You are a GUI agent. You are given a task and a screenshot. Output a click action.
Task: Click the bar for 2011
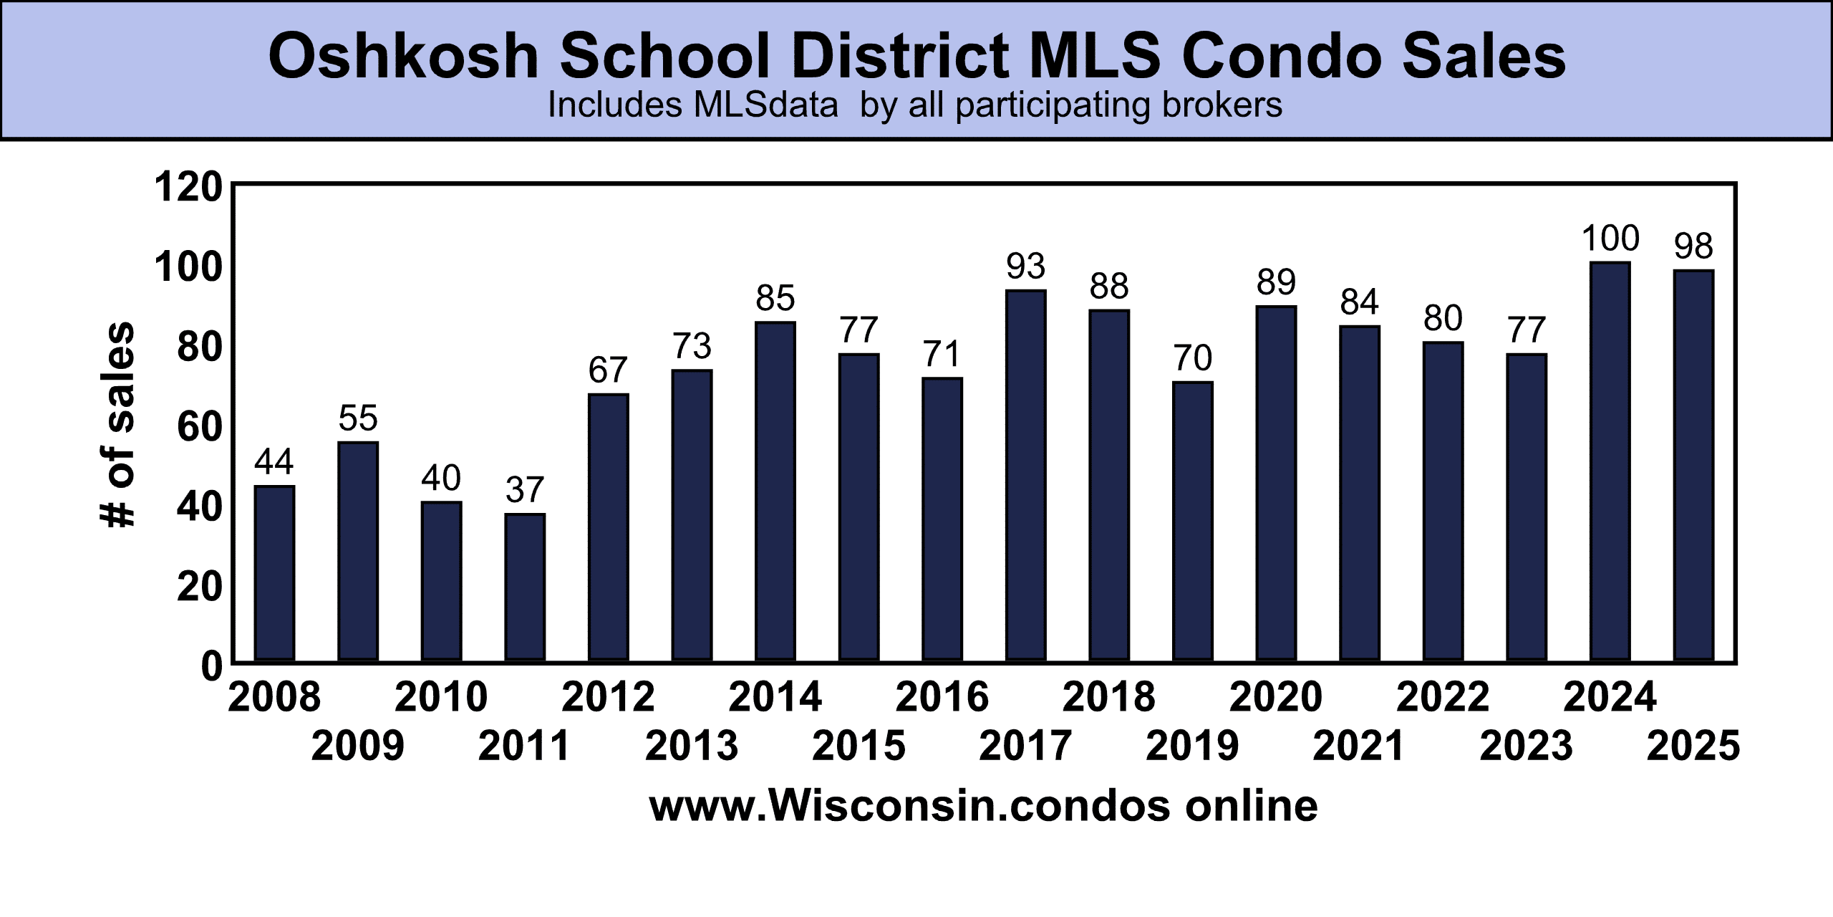(525, 587)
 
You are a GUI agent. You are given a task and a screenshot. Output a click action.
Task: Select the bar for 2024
(1610, 461)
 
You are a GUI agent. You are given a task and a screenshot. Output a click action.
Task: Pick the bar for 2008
(274, 573)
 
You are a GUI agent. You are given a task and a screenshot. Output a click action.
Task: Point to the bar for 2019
(1192, 521)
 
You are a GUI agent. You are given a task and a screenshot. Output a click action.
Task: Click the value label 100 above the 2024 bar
(1610, 239)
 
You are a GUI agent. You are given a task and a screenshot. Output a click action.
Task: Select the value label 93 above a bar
(1025, 267)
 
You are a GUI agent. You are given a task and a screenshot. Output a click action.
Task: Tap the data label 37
(525, 490)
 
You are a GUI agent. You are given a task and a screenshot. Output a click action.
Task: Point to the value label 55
(358, 418)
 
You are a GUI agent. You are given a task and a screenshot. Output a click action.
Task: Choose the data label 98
(1693, 246)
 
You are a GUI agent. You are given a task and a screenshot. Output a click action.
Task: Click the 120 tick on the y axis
(188, 188)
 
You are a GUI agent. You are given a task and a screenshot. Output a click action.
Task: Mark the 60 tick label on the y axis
(199, 428)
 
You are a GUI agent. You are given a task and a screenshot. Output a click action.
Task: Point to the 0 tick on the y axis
(211, 666)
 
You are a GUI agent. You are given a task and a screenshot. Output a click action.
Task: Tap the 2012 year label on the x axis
(608, 697)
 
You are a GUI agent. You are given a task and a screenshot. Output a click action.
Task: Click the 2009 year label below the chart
(358, 746)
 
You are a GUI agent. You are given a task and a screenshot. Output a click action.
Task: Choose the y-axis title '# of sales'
(117, 426)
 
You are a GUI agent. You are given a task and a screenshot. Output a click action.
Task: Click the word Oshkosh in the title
(403, 57)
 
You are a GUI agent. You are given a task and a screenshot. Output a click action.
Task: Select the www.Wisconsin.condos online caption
(983, 805)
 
